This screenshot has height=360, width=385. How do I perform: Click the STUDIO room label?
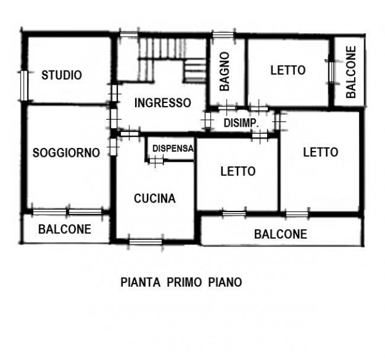pyautogui.click(x=62, y=75)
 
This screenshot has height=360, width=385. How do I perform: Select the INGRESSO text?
pyautogui.click(x=162, y=102)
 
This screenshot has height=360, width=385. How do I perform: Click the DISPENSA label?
pyautogui.click(x=172, y=148)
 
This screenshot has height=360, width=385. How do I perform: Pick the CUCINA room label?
pyautogui.click(x=155, y=198)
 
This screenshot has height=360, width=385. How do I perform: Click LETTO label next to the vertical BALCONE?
pyautogui.click(x=288, y=70)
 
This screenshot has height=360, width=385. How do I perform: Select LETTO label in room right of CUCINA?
pyautogui.click(x=238, y=171)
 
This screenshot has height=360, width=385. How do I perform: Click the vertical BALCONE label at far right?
pyautogui.click(x=351, y=72)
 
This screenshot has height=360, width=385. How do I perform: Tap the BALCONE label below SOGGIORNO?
pyautogui.click(x=65, y=229)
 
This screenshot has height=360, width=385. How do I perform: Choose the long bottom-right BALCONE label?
pyautogui.click(x=281, y=234)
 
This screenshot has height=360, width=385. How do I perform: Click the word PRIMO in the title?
pyautogui.click(x=183, y=282)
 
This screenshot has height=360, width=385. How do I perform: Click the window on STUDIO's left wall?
pyautogui.click(x=23, y=85)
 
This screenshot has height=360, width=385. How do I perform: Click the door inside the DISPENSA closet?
pyautogui.click(x=156, y=160)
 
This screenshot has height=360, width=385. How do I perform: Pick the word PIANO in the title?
pyautogui.click(x=224, y=282)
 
